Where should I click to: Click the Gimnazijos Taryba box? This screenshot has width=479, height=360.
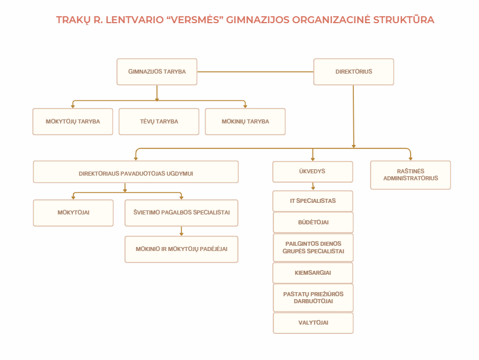(x=157, y=71)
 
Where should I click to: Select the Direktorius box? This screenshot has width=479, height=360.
(x=353, y=71)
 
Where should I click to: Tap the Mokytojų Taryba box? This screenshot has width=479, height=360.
(x=73, y=121)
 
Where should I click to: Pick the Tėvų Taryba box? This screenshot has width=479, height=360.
(x=159, y=121)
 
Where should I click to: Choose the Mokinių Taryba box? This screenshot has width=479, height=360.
(x=246, y=121)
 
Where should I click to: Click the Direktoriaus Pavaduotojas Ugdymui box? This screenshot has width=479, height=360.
(x=136, y=172)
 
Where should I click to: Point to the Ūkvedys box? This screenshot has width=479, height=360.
(x=313, y=172)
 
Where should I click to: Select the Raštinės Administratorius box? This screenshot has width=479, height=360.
(x=411, y=175)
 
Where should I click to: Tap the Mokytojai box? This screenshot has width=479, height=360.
(x=74, y=213)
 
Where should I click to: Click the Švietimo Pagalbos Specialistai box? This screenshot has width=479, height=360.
(x=181, y=213)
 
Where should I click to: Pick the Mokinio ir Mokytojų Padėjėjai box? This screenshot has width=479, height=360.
(x=181, y=249)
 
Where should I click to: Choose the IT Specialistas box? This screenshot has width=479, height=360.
(x=313, y=201)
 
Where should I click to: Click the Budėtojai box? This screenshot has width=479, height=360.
(x=313, y=223)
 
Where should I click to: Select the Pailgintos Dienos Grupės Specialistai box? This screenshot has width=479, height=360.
(x=313, y=248)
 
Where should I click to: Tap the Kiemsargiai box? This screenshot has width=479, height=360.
(x=313, y=273)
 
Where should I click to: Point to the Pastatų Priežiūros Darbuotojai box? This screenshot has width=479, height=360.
(x=313, y=297)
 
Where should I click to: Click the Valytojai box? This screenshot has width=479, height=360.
(x=313, y=323)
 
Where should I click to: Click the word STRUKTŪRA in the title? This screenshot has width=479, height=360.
(x=404, y=19)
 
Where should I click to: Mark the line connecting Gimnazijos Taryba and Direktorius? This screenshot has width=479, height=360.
(x=255, y=72)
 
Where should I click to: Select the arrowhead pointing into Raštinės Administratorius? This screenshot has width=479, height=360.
(x=411, y=159)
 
